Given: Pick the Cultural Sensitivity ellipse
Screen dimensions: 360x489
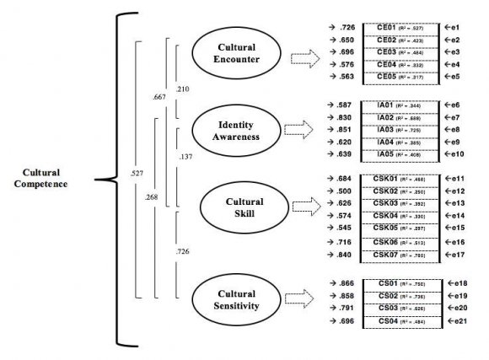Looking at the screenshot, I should click(x=235, y=296).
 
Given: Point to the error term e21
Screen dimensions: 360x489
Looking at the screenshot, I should click(x=455, y=321).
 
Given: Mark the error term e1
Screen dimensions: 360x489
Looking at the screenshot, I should click(x=452, y=27).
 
